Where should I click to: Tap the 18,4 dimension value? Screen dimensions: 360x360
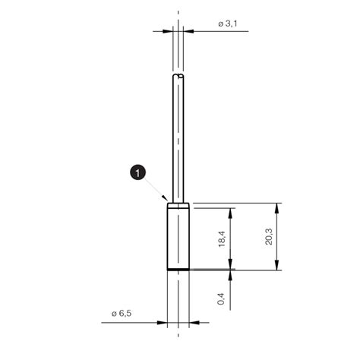221,238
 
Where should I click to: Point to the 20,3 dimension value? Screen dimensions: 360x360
268,238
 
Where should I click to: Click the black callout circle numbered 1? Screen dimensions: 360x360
137,174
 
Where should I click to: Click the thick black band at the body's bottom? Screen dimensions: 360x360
178,269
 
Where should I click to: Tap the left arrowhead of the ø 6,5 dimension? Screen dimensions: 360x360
163,323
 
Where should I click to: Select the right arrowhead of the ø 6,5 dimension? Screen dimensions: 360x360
193,323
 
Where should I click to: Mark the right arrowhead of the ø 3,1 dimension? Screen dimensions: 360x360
188,31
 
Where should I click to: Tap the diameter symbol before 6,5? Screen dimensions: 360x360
113,314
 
